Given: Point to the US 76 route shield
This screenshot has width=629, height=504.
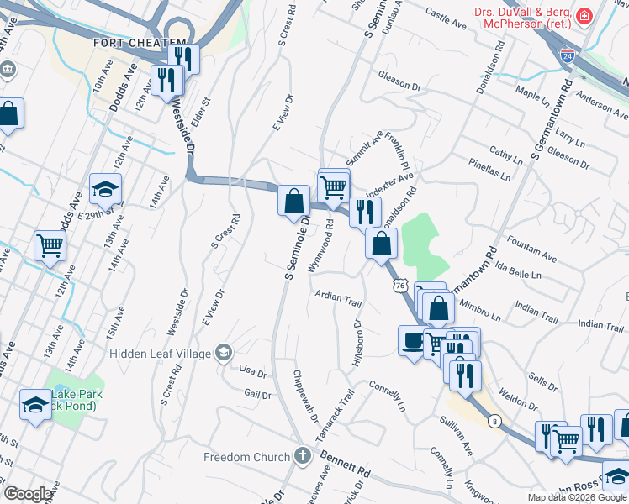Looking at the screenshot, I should click(399, 286).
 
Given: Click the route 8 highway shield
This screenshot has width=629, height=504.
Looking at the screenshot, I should click(496, 421).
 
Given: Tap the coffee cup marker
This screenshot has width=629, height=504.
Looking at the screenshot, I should click(412, 342).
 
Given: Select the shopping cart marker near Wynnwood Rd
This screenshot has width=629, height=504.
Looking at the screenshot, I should click(334, 186).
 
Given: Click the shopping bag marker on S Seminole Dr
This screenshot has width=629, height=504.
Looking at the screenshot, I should click(294, 202).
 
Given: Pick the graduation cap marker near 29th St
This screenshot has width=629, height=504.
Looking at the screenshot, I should click(105, 189).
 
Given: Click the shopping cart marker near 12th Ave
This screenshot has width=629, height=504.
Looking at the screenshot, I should click(50, 246).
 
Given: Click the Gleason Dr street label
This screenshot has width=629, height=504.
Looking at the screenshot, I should click(399, 86).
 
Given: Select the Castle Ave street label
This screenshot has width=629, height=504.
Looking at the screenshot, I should click(446, 15).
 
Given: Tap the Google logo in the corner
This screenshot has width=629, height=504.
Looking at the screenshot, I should click(28, 494).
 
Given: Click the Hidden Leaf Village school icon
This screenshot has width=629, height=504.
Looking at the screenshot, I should click(223, 353).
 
